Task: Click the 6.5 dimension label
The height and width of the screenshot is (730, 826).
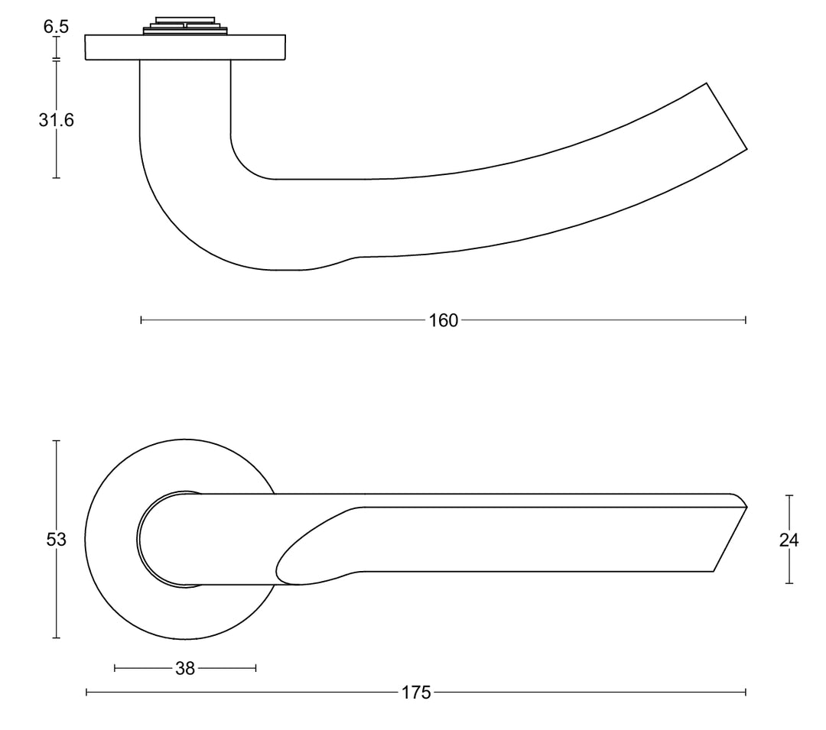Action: (x=56, y=27)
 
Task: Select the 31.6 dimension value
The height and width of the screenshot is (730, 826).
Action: (x=56, y=120)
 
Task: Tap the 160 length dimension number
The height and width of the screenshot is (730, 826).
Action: (x=444, y=320)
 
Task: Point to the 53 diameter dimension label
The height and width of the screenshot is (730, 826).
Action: (x=56, y=540)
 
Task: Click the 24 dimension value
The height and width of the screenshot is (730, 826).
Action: (x=789, y=540)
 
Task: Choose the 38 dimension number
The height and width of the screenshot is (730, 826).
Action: (x=185, y=668)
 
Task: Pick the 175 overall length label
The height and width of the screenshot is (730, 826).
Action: (x=416, y=693)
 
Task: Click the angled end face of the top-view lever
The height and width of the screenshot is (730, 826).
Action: (x=726, y=115)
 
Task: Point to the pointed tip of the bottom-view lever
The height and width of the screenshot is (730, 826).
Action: (x=745, y=505)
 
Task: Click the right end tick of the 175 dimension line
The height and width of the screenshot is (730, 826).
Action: (x=746, y=693)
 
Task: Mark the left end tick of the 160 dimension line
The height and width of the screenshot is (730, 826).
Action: (x=141, y=320)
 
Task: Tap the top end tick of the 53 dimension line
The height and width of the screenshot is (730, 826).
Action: (x=56, y=440)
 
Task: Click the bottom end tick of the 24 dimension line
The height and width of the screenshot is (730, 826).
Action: (x=789, y=583)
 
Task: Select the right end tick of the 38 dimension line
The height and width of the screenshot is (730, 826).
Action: (x=255, y=668)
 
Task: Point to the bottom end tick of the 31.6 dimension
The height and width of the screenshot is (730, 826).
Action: (x=56, y=178)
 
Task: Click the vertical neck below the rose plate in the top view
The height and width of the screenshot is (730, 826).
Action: (x=185, y=99)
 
